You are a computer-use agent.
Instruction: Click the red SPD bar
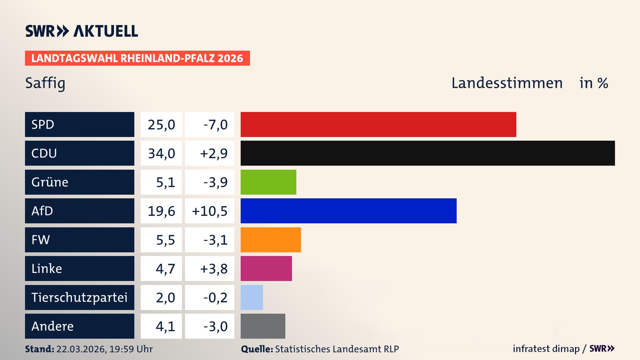(378, 124)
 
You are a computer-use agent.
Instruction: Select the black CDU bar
(428, 153)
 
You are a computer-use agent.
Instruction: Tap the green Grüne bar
(268, 182)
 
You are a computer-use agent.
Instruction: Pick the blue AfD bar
(348, 211)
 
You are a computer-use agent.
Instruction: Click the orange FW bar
(271, 240)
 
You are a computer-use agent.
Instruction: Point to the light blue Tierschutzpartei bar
(252, 297)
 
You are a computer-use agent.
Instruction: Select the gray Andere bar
(263, 326)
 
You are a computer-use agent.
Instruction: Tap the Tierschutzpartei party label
(79, 297)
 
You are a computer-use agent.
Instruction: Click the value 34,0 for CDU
(161, 153)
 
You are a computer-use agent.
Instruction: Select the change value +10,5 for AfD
(210, 211)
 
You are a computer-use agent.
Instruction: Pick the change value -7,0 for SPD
(215, 125)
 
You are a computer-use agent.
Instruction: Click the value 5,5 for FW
(165, 240)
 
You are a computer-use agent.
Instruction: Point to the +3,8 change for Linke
(214, 269)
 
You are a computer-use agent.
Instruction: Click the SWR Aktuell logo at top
(82, 31)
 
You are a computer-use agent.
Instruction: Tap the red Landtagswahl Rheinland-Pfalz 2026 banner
(137, 58)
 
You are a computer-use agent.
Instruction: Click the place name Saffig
(45, 83)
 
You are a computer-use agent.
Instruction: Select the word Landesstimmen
(507, 83)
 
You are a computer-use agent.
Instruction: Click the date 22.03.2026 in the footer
(81, 349)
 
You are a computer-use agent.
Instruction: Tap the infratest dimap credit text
(546, 349)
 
